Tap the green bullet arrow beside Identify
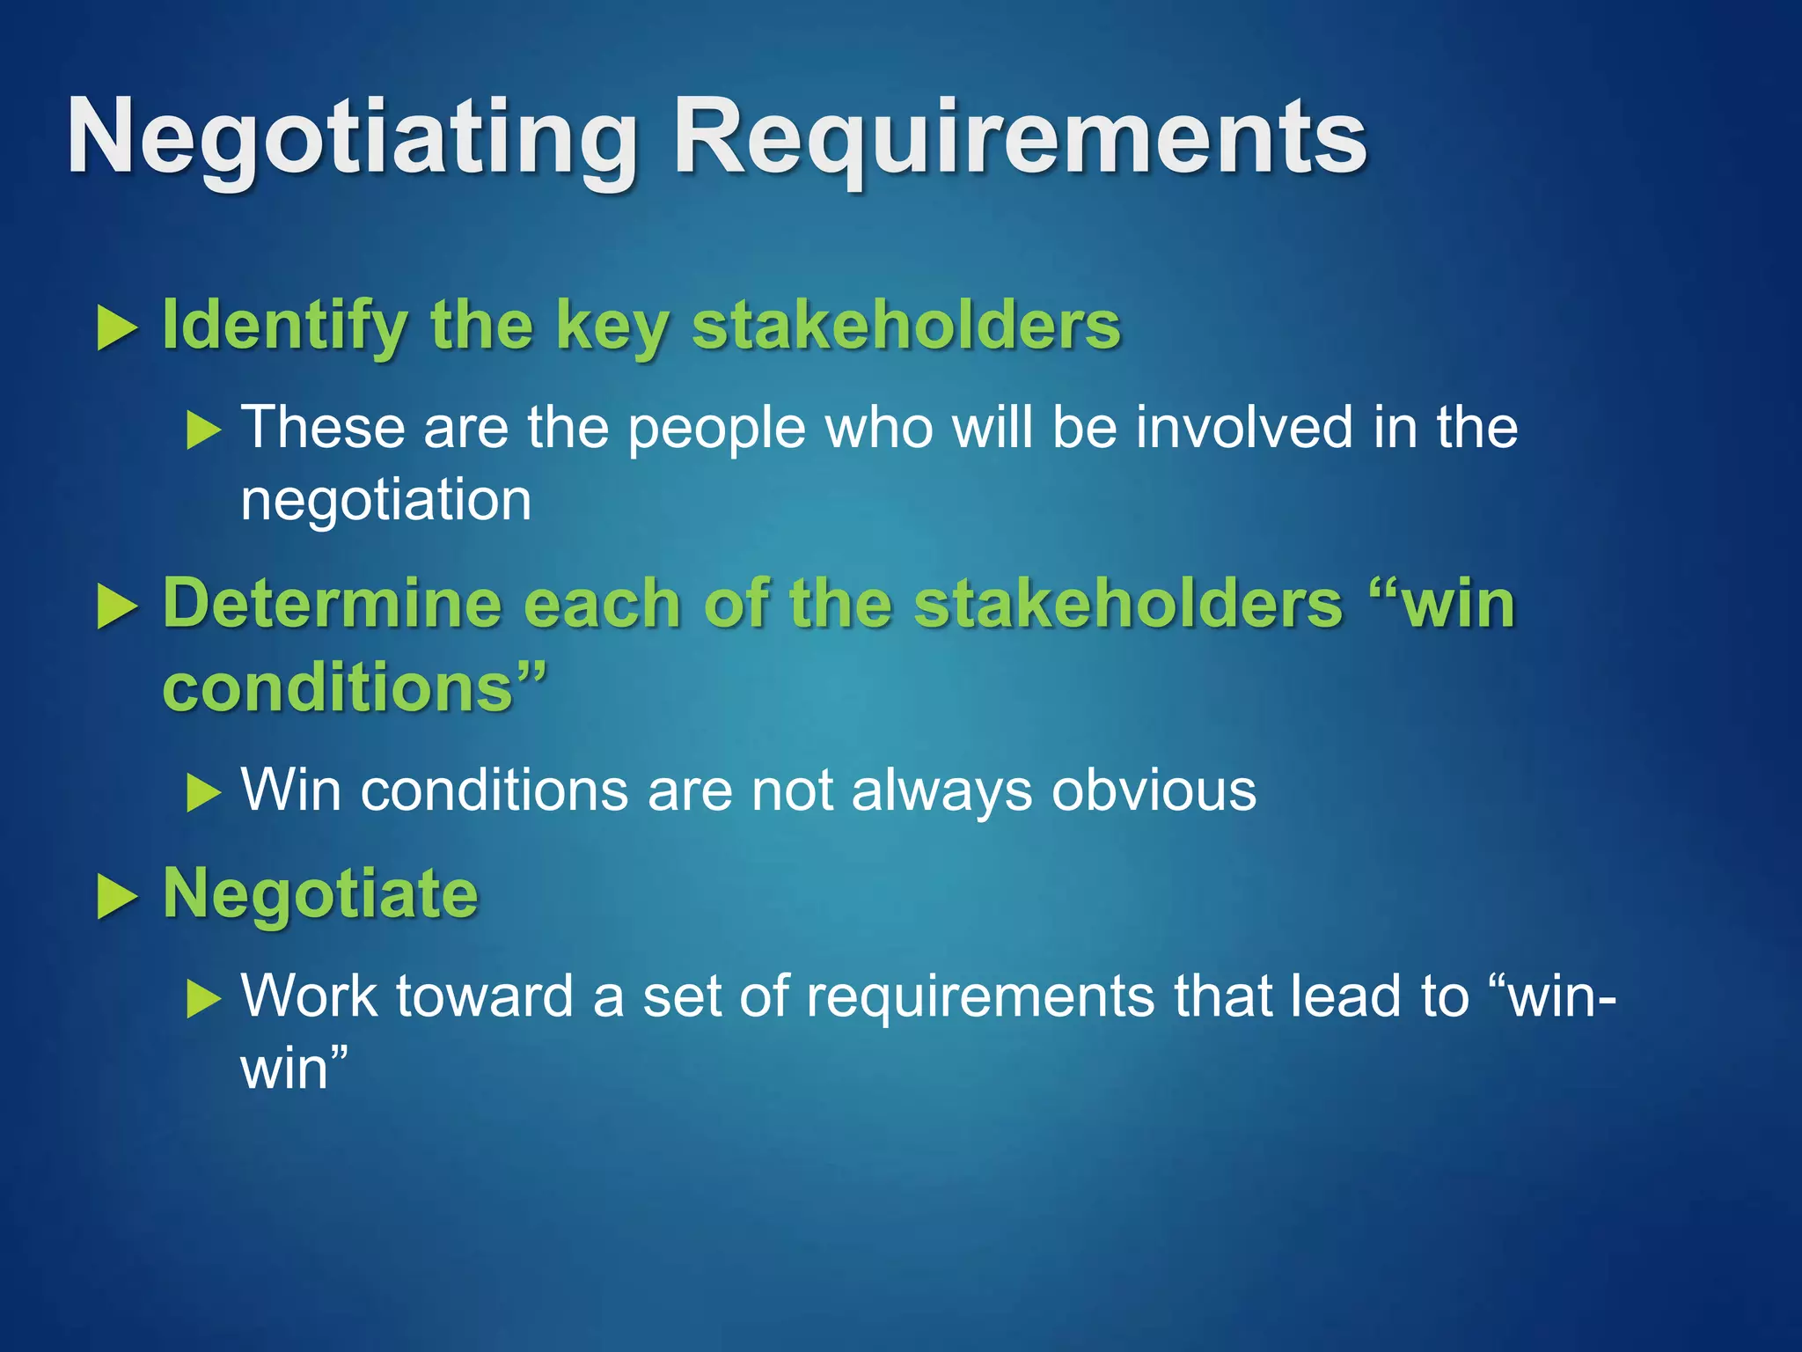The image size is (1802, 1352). tap(117, 327)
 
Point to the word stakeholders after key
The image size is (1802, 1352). tap(906, 326)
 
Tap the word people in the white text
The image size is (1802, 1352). tap(716, 429)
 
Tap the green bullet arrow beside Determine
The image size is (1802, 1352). tap(117, 608)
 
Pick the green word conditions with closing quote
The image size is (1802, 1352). tap(352, 687)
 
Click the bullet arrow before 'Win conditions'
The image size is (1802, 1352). tap(204, 792)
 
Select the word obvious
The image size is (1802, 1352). tap(1154, 790)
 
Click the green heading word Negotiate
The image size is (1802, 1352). tap(320, 894)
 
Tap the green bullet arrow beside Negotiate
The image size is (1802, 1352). tap(117, 898)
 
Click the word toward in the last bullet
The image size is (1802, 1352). tap(485, 996)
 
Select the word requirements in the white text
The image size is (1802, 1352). tap(979, 998)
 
